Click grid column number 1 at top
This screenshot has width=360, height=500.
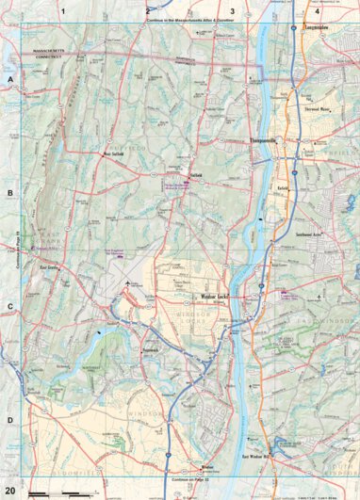pyautogui.click(x=64, y=11)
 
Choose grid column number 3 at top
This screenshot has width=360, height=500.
pyautogui.click(x=232, y=11)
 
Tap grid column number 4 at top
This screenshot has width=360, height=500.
pyautogui.click(x=317, y=11)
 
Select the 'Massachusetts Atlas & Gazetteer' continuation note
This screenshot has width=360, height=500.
pyautogui.click(x=189, y=19)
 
